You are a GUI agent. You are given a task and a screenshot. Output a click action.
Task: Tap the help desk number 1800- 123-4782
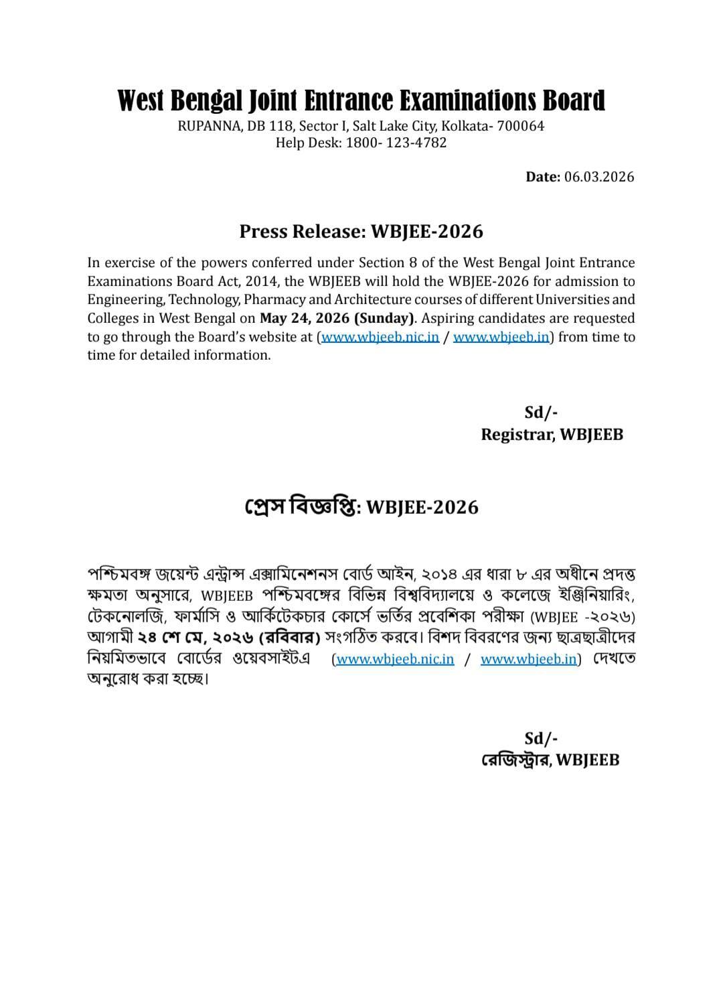pos(396,143)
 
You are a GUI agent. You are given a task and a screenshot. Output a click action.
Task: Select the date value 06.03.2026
pos(599,177)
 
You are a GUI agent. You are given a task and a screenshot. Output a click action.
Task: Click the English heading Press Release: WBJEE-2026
pos(361,231)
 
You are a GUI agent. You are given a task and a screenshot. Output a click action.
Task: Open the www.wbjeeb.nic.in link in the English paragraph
pos(380,337)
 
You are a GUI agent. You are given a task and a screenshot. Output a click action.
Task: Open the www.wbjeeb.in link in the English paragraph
pos(501,337)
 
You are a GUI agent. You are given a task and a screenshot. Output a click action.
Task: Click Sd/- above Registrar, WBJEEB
pos(541,413)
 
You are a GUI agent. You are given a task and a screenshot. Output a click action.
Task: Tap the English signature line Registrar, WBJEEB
pos(552,435)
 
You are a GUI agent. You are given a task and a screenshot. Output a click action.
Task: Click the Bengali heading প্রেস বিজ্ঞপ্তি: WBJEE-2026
pos(361,507)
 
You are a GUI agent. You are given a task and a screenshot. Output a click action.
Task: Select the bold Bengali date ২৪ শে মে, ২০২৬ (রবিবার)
pos(228,636)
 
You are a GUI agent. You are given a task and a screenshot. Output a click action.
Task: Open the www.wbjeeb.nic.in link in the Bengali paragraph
pos(395,659)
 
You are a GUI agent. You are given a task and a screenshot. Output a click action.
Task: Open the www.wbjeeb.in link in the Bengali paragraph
pos(528,659)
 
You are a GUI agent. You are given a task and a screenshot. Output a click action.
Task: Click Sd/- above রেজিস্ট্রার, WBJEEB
pos(541,738)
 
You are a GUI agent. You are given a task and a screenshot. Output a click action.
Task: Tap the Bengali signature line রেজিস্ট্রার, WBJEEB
pos(550,760)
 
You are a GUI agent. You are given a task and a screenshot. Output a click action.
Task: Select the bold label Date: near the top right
pos(542,177)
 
